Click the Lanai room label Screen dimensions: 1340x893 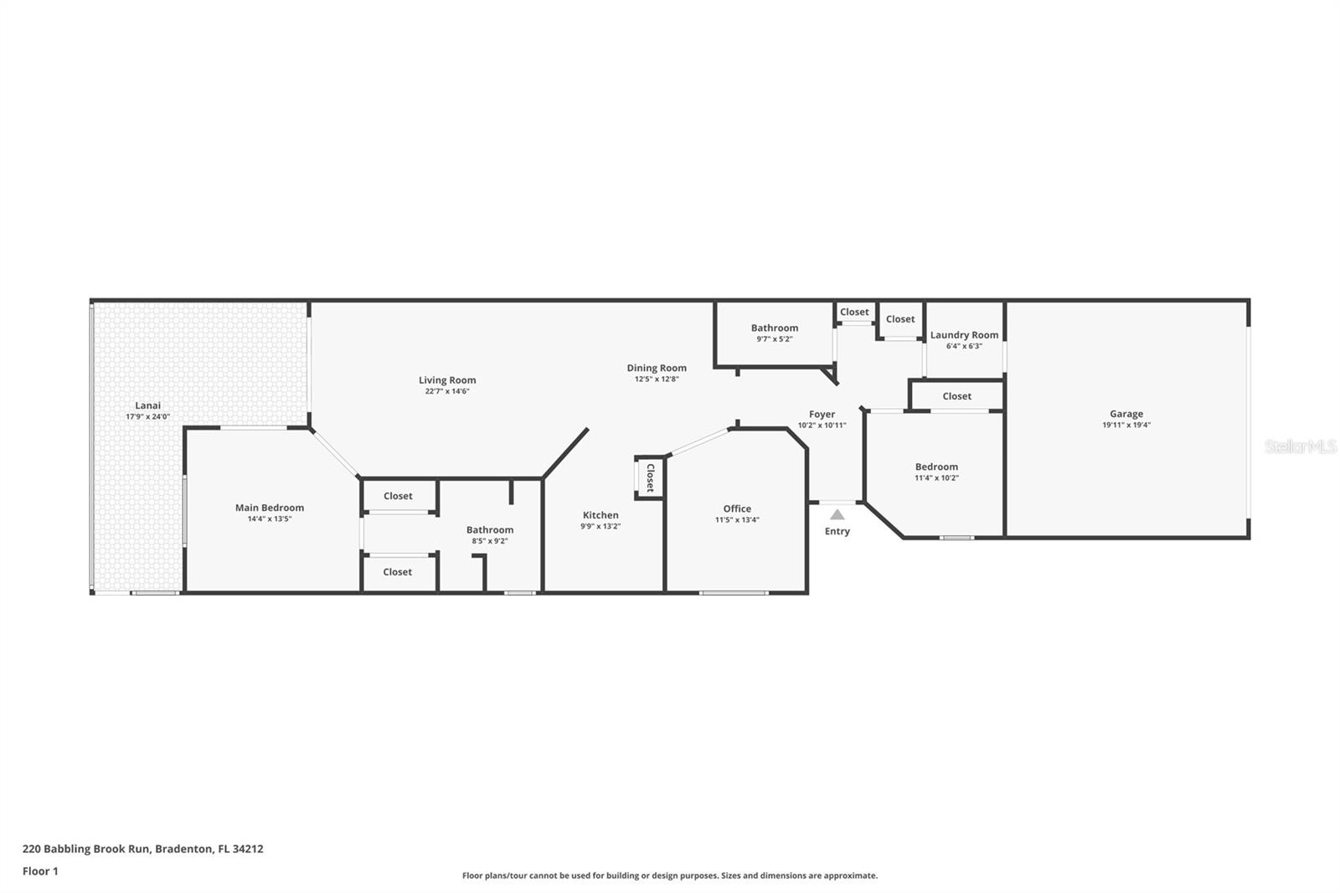(147, 405)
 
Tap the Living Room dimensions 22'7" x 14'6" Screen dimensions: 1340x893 (447, 391)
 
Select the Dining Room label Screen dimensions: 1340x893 (657, 368)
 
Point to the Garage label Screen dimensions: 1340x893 (1126, 414)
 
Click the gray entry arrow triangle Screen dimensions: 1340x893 (837, 514)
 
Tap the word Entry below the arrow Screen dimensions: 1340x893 (837, 531)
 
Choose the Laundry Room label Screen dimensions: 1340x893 (964, 335)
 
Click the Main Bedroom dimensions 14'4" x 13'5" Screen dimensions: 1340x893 (270, 519)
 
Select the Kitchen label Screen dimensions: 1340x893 (600, 515)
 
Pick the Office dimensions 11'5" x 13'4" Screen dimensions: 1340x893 (737, 520)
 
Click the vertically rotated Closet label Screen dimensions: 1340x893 (650, 477)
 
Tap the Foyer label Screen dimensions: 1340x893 (822, 414)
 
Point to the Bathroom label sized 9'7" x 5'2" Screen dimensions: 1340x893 (775, 328)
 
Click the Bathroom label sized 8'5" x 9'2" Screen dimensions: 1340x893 (490, 529)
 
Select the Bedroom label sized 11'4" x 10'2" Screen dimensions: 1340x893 (937, 467)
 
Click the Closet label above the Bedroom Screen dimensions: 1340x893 (957, 396)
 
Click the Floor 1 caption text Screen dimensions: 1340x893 (41, 871)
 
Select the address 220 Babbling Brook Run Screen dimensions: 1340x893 (86, 849)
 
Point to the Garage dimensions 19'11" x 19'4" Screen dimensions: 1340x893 (1126, 426)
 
